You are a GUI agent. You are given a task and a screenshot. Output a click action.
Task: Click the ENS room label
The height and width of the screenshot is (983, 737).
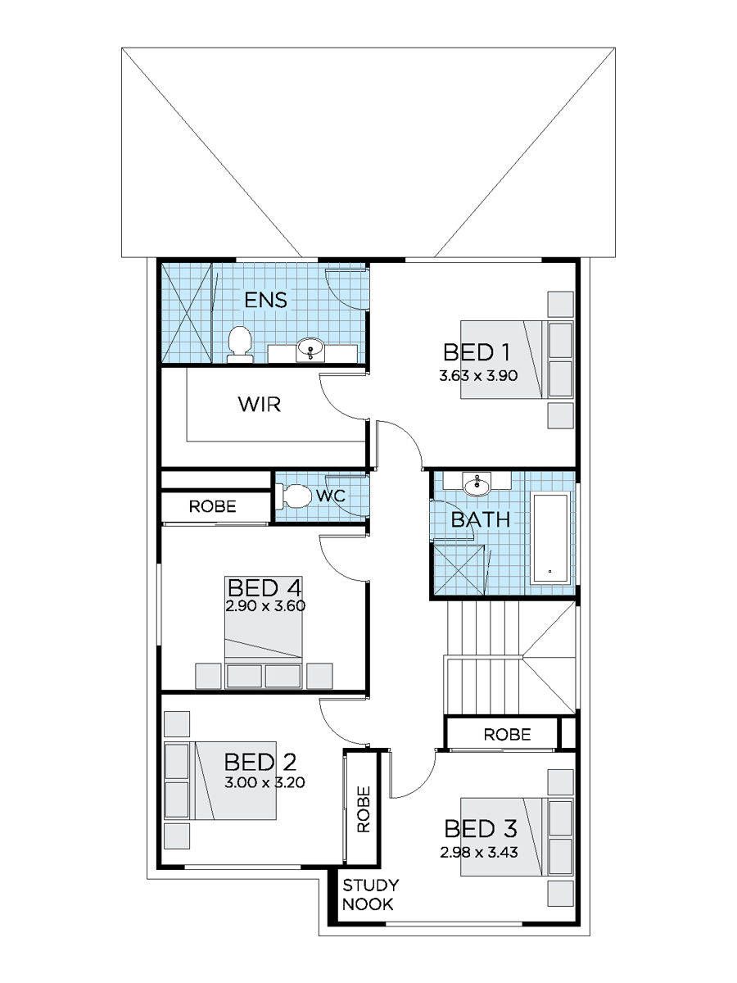tap(266, 300)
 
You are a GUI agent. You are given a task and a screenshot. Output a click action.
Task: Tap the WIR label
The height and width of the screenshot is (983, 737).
tap(260, 405)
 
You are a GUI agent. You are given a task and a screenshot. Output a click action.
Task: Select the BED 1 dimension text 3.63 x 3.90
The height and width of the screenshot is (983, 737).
tap(478, 375)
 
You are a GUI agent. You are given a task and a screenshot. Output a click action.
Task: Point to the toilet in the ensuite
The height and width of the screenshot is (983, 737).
tap(239, 344)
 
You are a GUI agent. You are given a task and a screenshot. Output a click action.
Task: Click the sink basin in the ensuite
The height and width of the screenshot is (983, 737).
tap(310, 347)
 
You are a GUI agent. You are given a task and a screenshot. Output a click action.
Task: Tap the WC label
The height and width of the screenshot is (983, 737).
tap(331, 496)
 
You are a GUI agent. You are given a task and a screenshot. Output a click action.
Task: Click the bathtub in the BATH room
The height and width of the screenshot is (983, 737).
tap(550, 538)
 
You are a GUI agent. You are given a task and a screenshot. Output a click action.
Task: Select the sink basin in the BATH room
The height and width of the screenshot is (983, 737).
tap(477, 486)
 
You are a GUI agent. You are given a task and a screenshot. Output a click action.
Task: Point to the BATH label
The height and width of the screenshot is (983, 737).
tap(481, 519)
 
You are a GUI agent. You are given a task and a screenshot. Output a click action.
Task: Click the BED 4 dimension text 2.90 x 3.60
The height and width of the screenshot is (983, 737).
tap(265, 606)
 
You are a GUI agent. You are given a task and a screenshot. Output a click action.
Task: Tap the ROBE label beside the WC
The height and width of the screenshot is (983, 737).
tap(213, 506)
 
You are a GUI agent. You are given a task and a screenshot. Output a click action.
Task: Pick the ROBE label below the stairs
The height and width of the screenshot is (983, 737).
tap(508, 735)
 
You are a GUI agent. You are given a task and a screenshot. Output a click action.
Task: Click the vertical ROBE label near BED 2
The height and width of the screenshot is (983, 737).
tap(364, 809)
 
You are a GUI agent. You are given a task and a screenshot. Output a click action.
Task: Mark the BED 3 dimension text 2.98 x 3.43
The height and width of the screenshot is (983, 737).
tap(479, 852)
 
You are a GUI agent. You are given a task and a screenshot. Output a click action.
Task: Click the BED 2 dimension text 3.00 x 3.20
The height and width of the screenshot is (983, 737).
tap(265, 783)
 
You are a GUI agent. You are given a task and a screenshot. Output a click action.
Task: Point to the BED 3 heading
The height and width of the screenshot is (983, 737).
tap(481, 829)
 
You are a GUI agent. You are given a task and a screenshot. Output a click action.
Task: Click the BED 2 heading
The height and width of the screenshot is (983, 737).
tap(260, 762)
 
